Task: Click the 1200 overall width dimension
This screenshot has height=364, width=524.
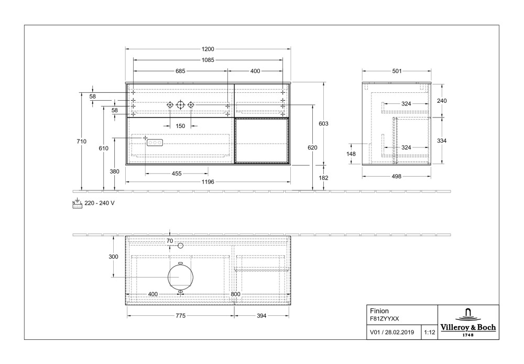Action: (x=208, y=49)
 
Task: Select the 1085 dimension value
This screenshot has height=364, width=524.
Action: (x=208, y=60)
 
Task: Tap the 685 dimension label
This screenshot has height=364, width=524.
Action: (x=181, y=71)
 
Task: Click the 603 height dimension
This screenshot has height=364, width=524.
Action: (x=323, y=124)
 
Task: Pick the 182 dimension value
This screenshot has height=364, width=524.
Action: (x=323, y=178)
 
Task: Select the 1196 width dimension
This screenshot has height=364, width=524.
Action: (x=208, y=183)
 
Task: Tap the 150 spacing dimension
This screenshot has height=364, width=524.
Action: (x=180, y=126)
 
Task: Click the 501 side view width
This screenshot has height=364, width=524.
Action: (x=397, y=71)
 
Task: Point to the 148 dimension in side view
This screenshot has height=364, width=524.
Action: (x=351, y=154)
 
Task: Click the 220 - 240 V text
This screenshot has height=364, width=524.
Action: (x=100, y=203)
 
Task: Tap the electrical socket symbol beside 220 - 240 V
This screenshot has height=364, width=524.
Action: (x=77, y=204)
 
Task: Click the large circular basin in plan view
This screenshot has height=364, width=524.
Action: (x=180, y=276)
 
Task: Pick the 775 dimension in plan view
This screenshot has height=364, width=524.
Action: (x=180, y=316)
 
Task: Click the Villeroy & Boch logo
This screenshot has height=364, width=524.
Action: (x=467, y=323)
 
